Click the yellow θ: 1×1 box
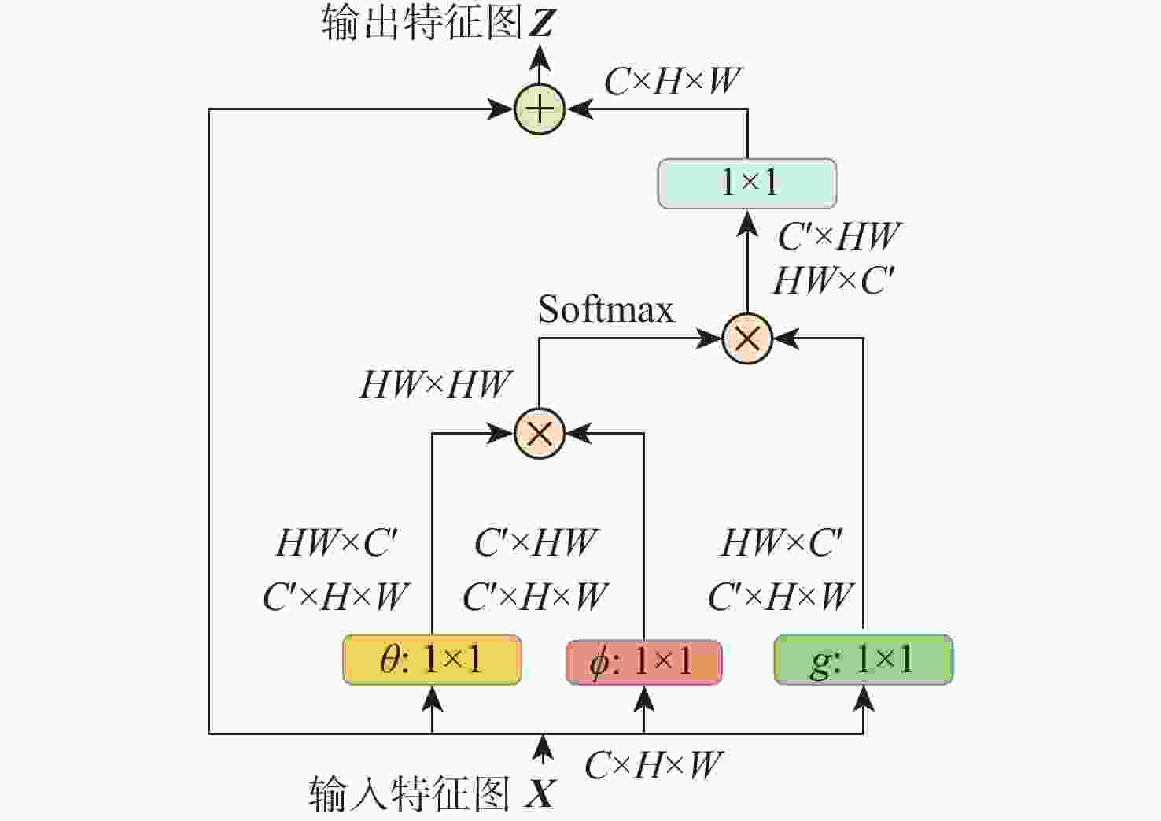point(433,660)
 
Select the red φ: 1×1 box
point(644,662)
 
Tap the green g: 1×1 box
point(864,660)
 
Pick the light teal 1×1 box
point(747,183)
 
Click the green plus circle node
point(540,109)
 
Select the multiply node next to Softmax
point(747,338)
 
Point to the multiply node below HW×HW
point(540,433)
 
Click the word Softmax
point(606,309)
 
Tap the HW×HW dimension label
point(436,384)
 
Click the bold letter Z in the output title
point(542,23)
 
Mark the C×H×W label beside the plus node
point(673,81)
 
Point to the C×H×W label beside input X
point(653,765)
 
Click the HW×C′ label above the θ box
point(337,543)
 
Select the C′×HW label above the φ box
point(536,542)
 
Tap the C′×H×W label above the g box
point(780,597)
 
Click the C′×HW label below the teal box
point(839,236)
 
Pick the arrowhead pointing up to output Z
point(540,58)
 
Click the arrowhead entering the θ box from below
point(433,699)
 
